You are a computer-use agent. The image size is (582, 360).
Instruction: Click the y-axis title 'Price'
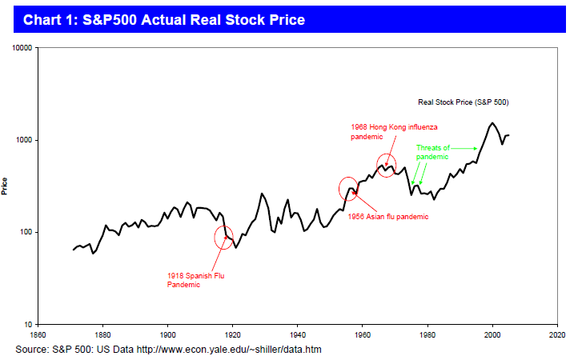(x=6, y=186)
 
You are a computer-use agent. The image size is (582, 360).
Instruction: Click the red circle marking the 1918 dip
(x=226, y=236)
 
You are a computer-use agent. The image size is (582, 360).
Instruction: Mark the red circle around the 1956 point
(x=349, y=188)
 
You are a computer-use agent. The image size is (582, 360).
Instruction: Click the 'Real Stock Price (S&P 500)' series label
(x=464, y=102)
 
